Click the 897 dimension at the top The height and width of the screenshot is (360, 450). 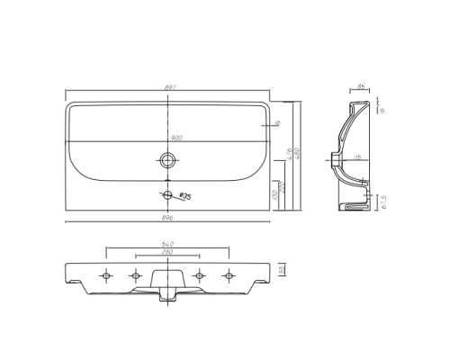169,87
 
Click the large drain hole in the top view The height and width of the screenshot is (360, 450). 167,161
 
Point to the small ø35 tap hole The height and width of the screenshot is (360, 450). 166,194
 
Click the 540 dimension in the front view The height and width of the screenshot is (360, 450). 167,243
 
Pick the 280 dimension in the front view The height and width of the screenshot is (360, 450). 167,253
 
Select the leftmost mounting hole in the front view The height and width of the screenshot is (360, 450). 107,274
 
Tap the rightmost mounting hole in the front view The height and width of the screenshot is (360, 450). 229,274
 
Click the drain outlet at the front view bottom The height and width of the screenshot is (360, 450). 167,294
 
